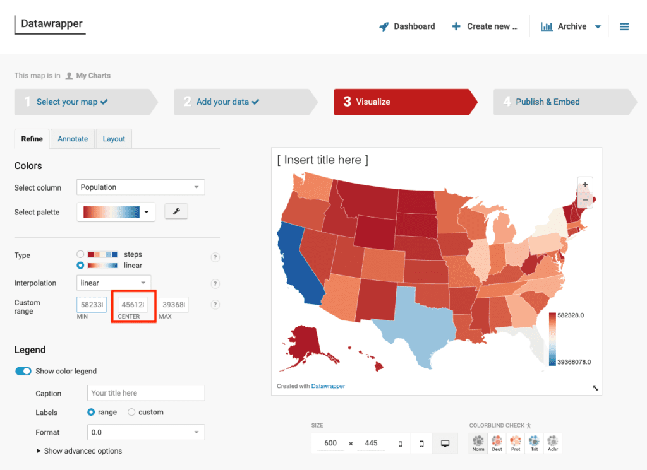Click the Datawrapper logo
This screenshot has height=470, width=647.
[52, 25]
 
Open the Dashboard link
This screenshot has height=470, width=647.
[407, 26]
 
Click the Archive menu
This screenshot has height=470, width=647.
[571, 26]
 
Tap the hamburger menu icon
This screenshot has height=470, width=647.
[624, 26]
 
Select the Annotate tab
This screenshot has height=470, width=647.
[73, 139]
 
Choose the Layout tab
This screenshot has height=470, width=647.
[114, 139]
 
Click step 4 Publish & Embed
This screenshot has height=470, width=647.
[547, 102]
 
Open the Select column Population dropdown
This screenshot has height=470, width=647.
[141, 187]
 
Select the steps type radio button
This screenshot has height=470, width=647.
[80, 254]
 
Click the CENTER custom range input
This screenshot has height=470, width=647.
[133, 305]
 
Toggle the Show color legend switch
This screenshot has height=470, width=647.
[23, 371]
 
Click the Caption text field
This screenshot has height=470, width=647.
[146, 393]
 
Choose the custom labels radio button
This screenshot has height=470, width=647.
[131, 413]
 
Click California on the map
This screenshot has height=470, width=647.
[294, 259]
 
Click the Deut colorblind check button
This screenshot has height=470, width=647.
[497, 443]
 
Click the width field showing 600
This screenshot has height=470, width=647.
[330, 444]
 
